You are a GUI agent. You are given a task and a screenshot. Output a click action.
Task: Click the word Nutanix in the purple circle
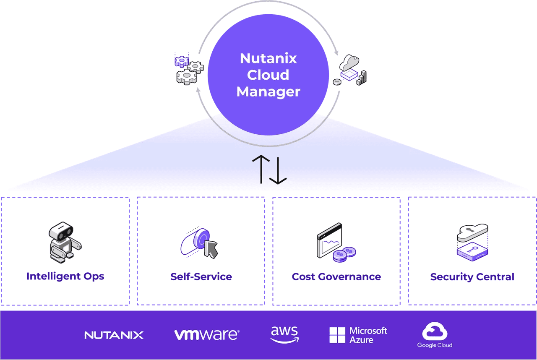click(268, 58)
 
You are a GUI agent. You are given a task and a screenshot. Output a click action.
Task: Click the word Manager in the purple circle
click(268, 91)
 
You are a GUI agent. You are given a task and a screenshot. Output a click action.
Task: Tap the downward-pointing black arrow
click(277, 169)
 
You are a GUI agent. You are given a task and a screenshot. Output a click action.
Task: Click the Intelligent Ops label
click(65, 276)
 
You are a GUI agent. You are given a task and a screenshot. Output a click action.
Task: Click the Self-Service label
click(201, 277)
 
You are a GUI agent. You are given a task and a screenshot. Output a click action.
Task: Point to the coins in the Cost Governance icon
click(344, 254)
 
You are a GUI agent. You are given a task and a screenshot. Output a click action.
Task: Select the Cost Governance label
click(336, 277)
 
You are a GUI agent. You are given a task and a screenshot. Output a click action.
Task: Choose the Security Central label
click(472, 277)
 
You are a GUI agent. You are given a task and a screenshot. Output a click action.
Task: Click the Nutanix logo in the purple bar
click(114, 335)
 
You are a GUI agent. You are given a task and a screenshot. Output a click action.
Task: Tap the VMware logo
click(206, 335)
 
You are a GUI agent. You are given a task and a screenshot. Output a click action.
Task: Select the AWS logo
click(284, 334)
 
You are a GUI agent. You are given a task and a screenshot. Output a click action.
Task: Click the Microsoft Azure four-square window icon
click(337, 335)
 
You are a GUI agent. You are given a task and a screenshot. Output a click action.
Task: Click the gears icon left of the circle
click(188, 70)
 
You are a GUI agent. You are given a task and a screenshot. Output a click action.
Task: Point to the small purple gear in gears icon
click(182, 61)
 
